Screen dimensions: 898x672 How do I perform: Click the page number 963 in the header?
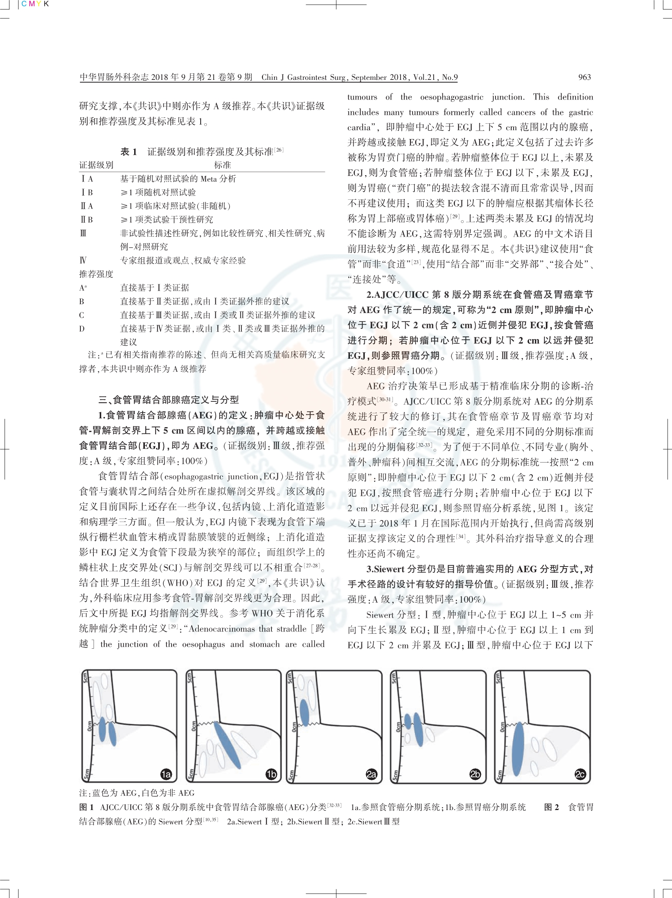click(584, 77)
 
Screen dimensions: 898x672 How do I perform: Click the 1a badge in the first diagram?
click(166, 774)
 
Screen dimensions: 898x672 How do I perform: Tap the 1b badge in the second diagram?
click(271, 774)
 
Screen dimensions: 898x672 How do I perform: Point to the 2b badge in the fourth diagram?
click(475, 774)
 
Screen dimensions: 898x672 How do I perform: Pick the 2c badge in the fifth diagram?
click(580, 774)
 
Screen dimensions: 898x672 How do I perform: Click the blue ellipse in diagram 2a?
click(304, 713)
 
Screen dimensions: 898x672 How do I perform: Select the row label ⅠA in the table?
click(86, 179)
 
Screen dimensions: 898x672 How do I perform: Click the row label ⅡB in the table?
click(86, 220)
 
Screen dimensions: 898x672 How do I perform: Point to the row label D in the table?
click(82, 328)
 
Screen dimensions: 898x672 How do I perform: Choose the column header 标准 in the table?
click(222, 165)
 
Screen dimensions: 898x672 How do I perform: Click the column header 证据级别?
click(96, 165)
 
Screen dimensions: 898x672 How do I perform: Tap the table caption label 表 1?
click(128, 151)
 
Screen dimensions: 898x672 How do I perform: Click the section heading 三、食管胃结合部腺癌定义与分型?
click(168, 400)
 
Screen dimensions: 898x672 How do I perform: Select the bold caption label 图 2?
click(551, 807)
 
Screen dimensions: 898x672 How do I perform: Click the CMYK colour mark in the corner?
click(35, 4)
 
